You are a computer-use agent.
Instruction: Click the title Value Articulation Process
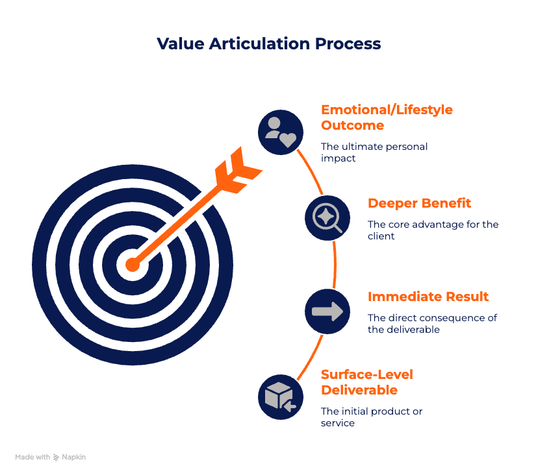coord(268,43)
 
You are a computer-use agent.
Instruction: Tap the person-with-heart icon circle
coord(281,132)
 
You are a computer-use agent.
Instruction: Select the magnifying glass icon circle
coord(327,218)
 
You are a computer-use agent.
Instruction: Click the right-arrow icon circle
coord(327,312)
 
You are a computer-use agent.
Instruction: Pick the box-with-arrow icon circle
coord(281,396)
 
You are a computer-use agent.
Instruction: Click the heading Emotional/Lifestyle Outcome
coord(386,117)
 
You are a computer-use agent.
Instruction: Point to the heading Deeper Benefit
coord(419,203)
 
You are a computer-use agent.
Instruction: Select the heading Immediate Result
coord(428,297)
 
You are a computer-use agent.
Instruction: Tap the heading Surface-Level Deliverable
coord(367,382)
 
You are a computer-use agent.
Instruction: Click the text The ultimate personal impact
coord(374,152)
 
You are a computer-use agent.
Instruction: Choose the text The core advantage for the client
coord(432,230)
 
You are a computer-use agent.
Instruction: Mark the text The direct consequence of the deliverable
coord(432,323)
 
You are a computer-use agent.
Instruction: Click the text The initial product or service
coord(372,417)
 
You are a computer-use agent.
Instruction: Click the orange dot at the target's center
coord(132,265)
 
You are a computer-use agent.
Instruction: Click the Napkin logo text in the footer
coord(73,457)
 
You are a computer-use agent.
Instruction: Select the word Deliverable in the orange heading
coord(359,390)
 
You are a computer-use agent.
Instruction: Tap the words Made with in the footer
coord(32,457)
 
